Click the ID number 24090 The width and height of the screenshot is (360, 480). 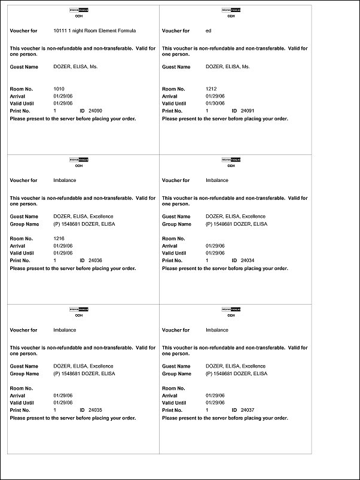click(96, 111)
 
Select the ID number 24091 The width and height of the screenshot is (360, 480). click(248, 111)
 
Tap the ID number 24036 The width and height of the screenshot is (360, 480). click(96, 261)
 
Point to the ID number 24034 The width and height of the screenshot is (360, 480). click(248, 261)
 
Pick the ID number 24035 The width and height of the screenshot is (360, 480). click(96, 410)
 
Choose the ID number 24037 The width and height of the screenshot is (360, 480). click(248, 410)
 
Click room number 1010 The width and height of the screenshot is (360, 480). click(59, 89)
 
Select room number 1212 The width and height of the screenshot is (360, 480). click(210, 89)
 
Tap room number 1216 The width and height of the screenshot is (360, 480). click(59, 238)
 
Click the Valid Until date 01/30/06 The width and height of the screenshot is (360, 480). click(215, 104)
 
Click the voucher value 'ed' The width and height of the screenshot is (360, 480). click(208, 31)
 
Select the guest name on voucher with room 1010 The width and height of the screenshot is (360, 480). click(75, 67)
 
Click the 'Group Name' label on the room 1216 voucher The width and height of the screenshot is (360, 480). click(25, 224)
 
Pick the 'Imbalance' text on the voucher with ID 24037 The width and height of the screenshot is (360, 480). click(217, 330)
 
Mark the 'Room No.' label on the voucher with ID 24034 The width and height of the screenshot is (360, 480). click(174, 238)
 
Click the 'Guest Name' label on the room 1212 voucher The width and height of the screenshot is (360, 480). click(176, 67)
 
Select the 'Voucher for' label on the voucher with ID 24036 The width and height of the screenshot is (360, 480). click(24, 180)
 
